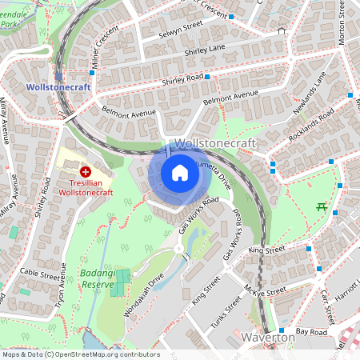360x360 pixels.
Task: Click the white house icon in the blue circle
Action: tap(180, 173)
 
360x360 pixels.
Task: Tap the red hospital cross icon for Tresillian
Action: tap(86, 171)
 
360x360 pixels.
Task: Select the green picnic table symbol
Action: tap(322, 206)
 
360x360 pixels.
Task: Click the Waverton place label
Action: tap(268, 338)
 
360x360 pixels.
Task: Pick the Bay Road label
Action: tap(311, 331)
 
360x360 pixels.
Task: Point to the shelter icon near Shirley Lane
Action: tap(281, 32)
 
